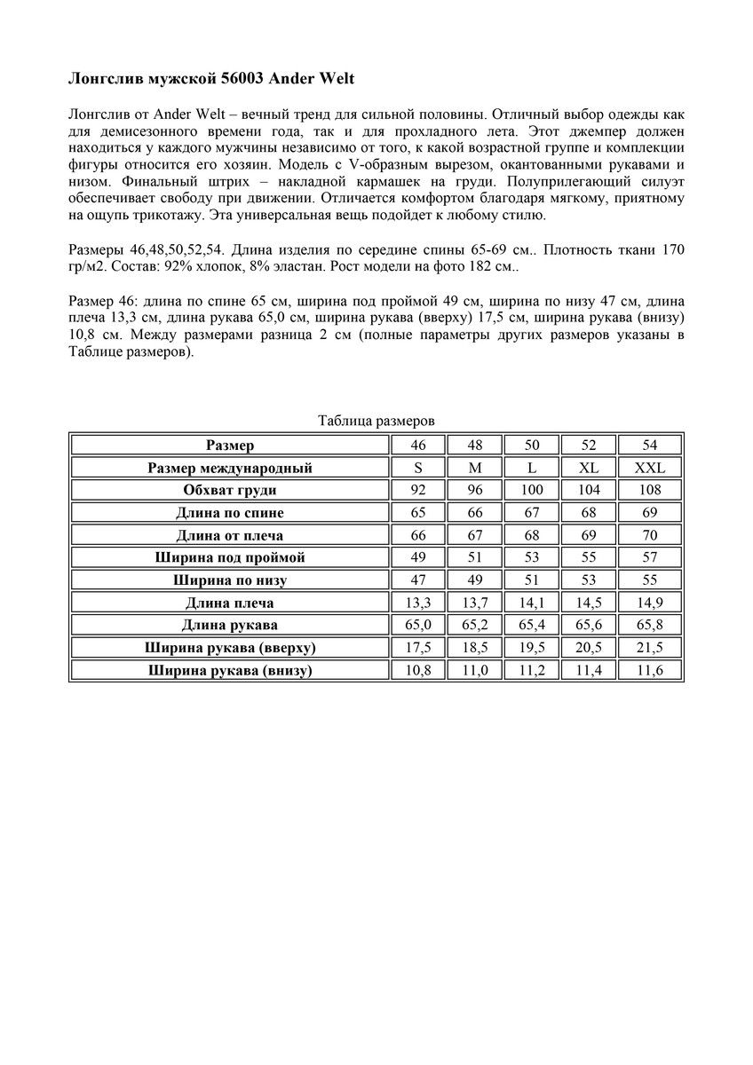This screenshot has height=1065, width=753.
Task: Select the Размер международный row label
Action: point(230,468)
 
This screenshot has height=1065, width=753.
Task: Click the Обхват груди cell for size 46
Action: point(418,490)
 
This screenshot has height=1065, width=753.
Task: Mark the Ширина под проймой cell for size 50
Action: point(532,557)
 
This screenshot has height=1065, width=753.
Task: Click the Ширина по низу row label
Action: point(230,580)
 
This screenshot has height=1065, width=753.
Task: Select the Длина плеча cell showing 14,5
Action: point(589,603)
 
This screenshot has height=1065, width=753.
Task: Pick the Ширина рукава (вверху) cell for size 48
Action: point(475,648)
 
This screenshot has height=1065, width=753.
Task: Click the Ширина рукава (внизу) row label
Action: point(230,670)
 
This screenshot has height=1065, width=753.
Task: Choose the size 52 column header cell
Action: point(589,445)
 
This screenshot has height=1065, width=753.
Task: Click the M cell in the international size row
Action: point(475,468)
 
